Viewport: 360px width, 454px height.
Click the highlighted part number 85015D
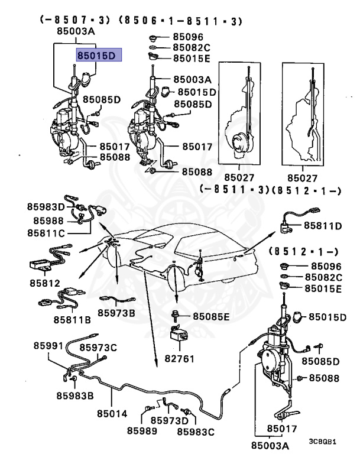click(x=98, y=56)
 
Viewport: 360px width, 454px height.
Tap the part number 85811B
click(x=72, y=320)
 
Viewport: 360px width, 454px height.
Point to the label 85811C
click(x=46, y=233)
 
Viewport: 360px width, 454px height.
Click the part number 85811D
click(x=323, y=225)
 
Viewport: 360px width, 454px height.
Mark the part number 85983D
click(x=46, y=207)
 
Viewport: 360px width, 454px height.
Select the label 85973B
click(x=116, y=312)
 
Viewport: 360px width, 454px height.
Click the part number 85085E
click(x=209, y=316)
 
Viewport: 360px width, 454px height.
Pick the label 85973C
click(x=98, y=347)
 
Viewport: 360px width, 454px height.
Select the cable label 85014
click(x=113, y=414)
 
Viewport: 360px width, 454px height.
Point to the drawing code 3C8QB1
click(x=323, y=442)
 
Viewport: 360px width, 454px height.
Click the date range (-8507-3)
click(x=75, y=20)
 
